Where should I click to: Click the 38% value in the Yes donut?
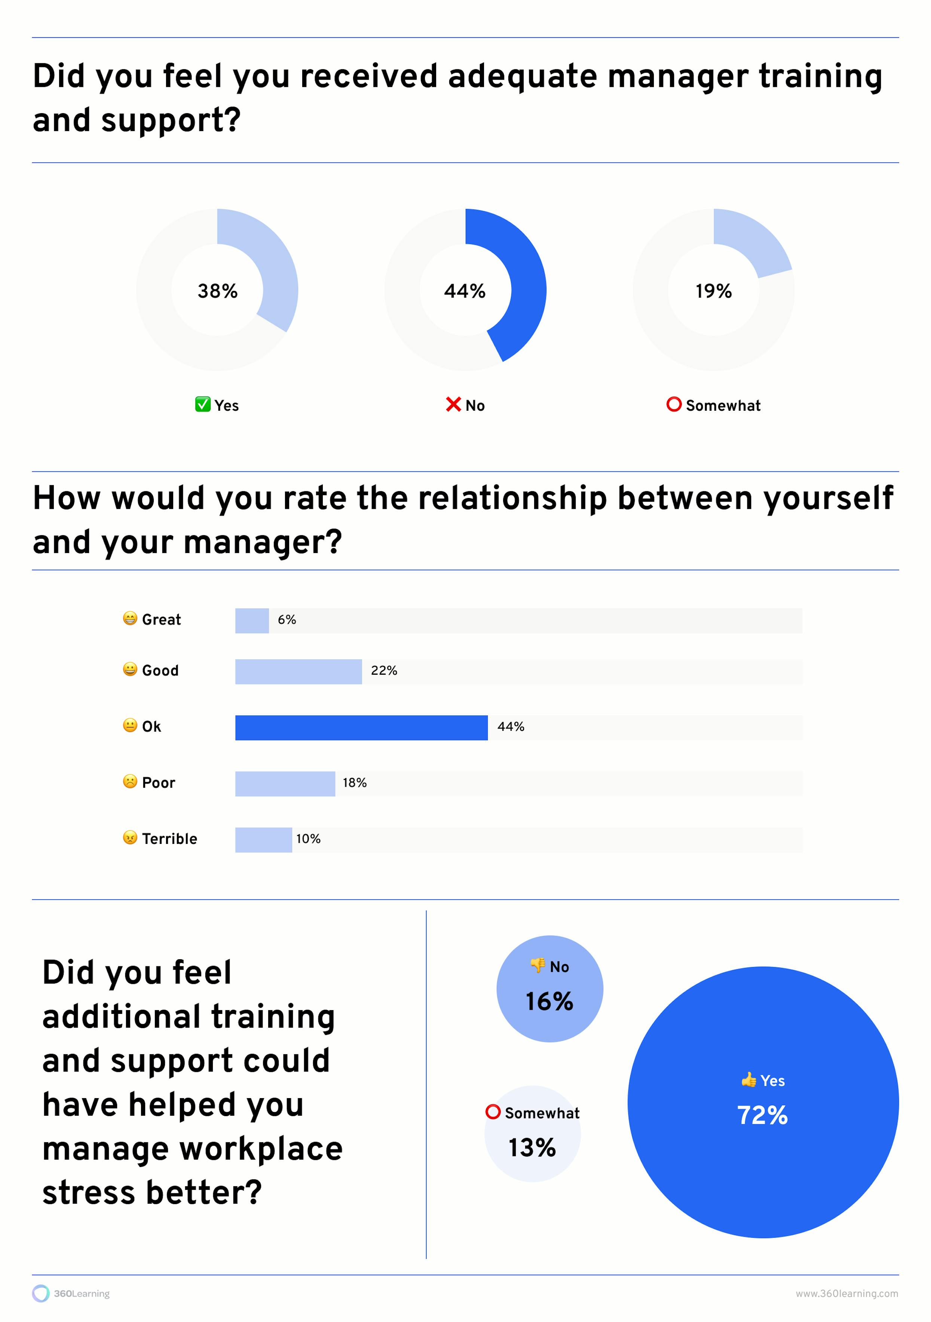coord(217,291)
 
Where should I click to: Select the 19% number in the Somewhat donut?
coord(714,291)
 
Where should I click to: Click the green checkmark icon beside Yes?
coord(202,404)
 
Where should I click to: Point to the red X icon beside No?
coord(453,404)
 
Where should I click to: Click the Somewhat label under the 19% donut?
coord(723,405)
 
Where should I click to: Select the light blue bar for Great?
coord(252,621)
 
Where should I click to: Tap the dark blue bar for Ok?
coord(361,728)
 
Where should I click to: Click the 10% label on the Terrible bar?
coord(309,839)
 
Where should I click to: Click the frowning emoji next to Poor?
coord(130,781)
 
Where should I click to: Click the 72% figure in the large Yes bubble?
coord(762,1115)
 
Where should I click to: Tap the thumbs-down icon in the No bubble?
coord(538,966)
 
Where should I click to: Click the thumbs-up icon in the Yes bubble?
coord(748,1080)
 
